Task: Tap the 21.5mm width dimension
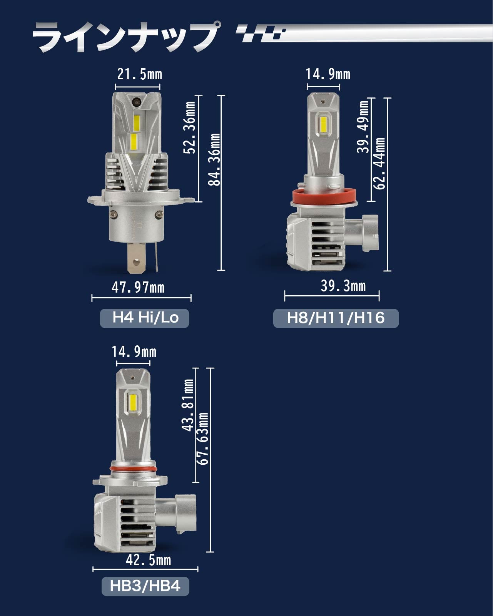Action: pyautogui.click(x=140, y=74)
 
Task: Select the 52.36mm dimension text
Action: pyautogui.click(x=189, y=128)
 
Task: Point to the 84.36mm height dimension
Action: pyautogui.click(x=214, y=160)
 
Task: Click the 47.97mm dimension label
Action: pyautogui.click(x=138, y=287)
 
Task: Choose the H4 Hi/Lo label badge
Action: pyautogui.click(x=144, y=318)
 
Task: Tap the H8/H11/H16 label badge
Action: pyautogui.click(x=336, y=318)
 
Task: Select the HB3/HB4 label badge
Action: pyautogui.click(x=145, y=586)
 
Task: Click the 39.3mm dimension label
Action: pyautogui.click(x=343, y=286)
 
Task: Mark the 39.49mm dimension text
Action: pyautogui.click(x=363, y=127)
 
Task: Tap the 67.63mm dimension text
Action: pyautogui.click(x=203, y=439)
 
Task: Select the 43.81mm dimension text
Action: pyautogui.click(x=187, y=405)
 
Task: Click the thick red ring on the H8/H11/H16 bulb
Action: pyautogui.click(x=324, y=196)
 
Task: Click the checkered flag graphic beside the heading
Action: pyautogui.click(x=261, y=34)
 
